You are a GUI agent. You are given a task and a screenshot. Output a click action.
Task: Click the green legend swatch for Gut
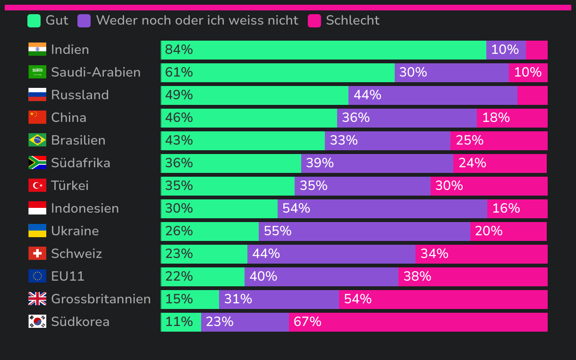coord(34,21)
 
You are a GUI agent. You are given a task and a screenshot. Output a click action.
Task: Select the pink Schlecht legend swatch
coord(314,21)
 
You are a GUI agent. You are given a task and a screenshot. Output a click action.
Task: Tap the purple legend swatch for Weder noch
coord(84,21)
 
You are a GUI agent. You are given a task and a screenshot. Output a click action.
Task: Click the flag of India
coord(37,50)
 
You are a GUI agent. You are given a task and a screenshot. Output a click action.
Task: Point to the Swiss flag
coord(37,254)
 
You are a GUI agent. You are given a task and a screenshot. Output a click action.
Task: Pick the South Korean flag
coord(37,322)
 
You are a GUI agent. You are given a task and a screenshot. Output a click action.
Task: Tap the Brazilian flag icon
coord(37,140)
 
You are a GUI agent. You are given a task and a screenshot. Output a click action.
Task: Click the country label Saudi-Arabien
coord(96,72)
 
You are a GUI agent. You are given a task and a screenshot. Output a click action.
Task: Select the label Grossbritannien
coord(101,299)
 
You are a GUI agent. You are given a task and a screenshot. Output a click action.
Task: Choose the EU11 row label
coord(68,276)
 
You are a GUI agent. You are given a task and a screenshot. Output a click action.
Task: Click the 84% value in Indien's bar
coord(179,50)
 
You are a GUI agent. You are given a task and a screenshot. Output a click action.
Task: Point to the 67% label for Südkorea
coord(307,322)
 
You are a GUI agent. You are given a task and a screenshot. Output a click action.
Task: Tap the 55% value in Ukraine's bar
coord(278,231)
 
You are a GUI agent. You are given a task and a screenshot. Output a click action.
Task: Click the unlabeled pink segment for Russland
coord(532,95)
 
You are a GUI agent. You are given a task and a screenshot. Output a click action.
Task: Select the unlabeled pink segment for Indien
coord(536,50)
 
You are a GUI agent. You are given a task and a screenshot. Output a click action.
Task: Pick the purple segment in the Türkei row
coord(362,186)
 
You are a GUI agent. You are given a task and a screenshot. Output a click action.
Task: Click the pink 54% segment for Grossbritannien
coord(443,300)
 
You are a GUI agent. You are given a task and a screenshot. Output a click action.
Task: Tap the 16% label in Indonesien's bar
coord(506,208)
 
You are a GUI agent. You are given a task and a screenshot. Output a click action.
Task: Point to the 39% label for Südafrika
coord(320,163)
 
